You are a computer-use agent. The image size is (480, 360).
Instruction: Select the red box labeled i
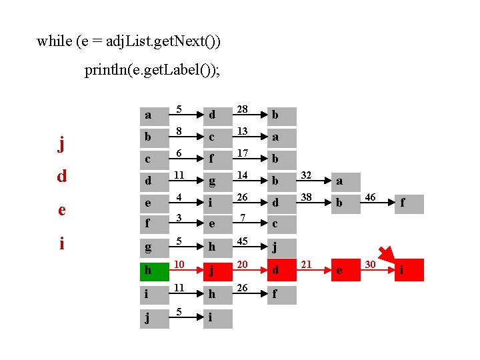[x=409, y=270]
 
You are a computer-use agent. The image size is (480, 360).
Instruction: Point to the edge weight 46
[x=370, y=198]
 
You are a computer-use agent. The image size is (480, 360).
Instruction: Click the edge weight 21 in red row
[x=307, y=265]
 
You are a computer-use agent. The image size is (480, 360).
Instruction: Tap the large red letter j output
[x=61, y=145]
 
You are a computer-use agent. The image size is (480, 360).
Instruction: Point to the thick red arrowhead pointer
[x=387, y=255]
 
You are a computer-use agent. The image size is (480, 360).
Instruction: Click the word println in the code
[x=111, y=69]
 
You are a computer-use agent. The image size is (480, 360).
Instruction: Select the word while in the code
[x=54, y=41]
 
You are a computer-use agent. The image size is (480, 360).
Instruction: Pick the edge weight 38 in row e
[x=307, y=198]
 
